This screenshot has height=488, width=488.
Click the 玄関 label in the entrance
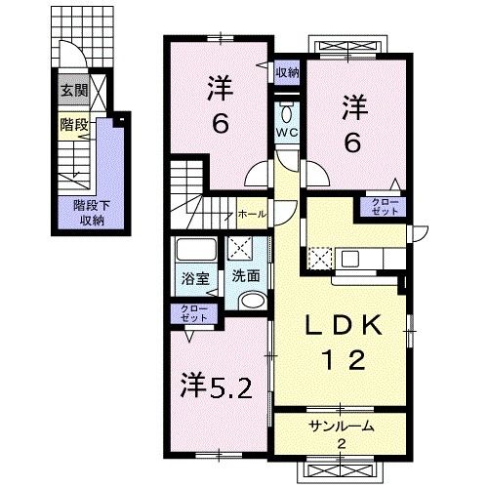coord(73,90)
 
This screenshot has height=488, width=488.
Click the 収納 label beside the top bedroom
coord(286,71)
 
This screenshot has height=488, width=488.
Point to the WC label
coord(286,133)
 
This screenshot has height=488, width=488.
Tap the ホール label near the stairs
coord(251,213)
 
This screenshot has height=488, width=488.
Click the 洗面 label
coord(244,275)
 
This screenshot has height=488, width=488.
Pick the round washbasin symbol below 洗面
coord(250,302)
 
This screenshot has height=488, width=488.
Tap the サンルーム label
coord(342,427)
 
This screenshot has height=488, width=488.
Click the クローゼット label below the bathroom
coord(194,313)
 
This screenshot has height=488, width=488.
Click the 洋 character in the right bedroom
coord(353,103)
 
